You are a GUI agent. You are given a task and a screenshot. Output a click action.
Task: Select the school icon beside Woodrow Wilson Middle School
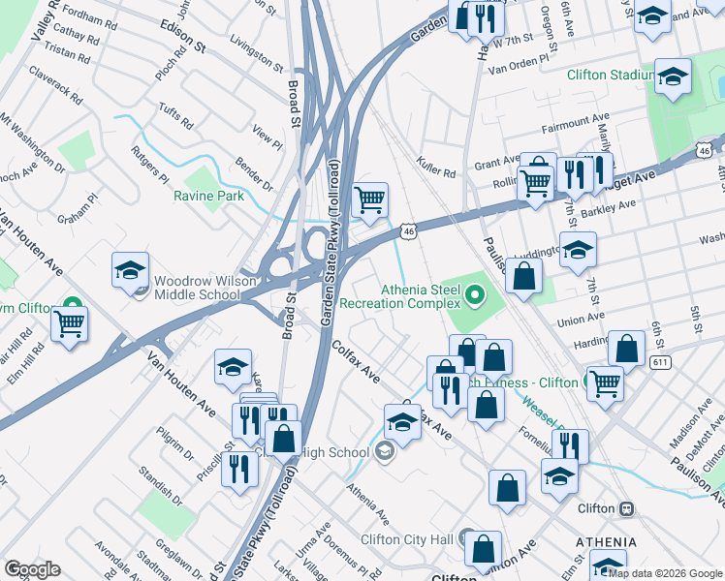click(x=130, y=271)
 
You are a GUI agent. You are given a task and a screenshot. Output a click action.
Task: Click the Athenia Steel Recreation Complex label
click(x=419, y=296)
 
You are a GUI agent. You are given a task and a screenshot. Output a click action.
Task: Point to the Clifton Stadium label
click(x=608, y=75)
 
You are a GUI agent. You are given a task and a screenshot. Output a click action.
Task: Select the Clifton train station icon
click(x=627, y=508)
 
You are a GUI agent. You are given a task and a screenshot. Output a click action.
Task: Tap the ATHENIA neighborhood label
click(x=606, y=542)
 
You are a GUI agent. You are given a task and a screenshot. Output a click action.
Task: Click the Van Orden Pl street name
click(x=523, y=69)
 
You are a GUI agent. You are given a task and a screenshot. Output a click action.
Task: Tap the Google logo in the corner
click(x=32, y=569)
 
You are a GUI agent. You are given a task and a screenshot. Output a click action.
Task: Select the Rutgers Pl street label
click(x=151, y=166)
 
